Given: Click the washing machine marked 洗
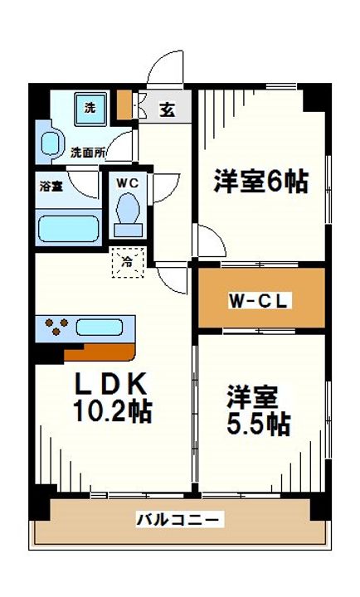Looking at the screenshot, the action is [90, 109].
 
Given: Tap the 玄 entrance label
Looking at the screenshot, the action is [168, 109].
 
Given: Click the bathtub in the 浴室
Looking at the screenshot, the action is [69, 229].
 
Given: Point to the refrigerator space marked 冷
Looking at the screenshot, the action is [128, 262].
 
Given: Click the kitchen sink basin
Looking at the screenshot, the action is [99, 328].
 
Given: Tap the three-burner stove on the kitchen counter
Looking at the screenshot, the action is [56, 327].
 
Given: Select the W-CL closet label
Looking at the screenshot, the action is [260, 301].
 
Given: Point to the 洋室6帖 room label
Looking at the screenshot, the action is [261, 182].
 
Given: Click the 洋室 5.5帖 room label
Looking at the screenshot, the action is [259, 410].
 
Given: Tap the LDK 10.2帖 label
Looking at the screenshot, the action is [112, 398].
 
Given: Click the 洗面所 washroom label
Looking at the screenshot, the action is [88, 153].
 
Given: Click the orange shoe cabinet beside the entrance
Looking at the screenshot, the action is [124, 104].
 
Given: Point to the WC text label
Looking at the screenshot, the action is [128, 183].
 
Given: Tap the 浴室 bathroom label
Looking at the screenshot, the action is [51, 187].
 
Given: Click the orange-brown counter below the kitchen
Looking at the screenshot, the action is [100, 352].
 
